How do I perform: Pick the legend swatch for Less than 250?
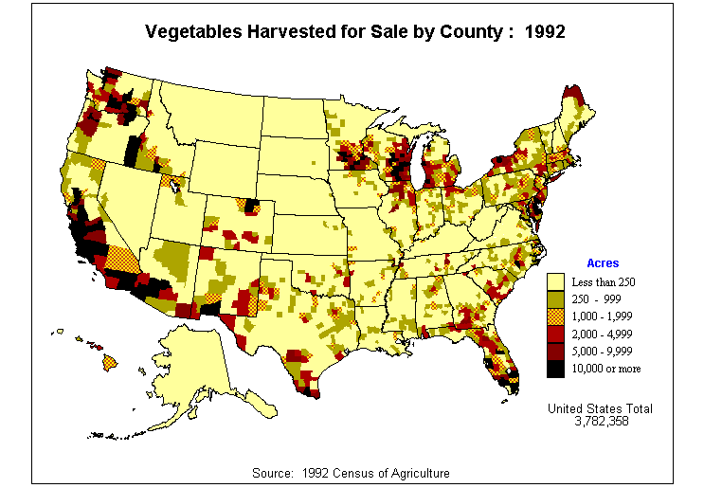556,281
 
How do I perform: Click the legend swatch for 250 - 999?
556,298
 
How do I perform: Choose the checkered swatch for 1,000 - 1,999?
556,316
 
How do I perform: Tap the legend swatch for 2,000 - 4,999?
556,334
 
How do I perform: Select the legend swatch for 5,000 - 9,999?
556,351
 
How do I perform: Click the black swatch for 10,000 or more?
556,368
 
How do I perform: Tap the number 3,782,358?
601,421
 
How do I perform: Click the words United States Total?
601,408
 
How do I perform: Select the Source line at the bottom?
352,472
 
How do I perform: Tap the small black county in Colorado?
251,205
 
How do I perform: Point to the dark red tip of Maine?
572,93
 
